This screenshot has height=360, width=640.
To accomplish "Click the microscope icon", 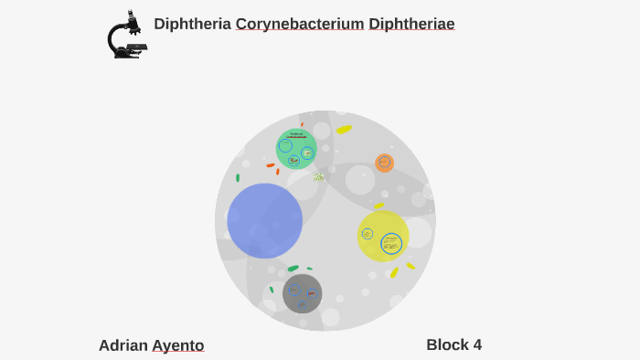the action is pos(126,37).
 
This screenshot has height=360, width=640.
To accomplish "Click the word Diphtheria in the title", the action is pos(192,24).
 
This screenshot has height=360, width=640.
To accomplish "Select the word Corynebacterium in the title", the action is pos(300,24).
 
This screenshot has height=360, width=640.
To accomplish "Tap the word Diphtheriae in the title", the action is pos(411,24).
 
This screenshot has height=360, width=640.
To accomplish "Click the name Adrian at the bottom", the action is pos(123,345).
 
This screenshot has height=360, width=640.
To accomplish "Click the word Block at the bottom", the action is pos(446,344).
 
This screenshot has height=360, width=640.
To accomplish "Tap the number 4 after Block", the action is pos(476,344).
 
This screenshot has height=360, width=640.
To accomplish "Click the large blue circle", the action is pos(264,221).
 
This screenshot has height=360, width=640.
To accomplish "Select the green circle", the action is pos(296,149).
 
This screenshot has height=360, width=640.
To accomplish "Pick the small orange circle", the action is pos(385,163).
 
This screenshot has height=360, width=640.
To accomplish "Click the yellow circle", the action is pos(382,236).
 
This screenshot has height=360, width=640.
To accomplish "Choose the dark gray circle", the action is pos(302,293).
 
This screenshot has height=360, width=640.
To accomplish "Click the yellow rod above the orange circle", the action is pos(344,130).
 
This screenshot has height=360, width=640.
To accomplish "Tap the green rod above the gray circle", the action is pos(293,269).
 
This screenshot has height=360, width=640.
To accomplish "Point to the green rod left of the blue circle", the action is pos(238,178).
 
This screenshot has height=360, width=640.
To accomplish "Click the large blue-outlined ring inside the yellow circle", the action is pos(391,243).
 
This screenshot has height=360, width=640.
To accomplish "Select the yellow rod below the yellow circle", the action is pos(394,272).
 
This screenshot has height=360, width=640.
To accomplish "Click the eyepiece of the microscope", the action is pos(131,15).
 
